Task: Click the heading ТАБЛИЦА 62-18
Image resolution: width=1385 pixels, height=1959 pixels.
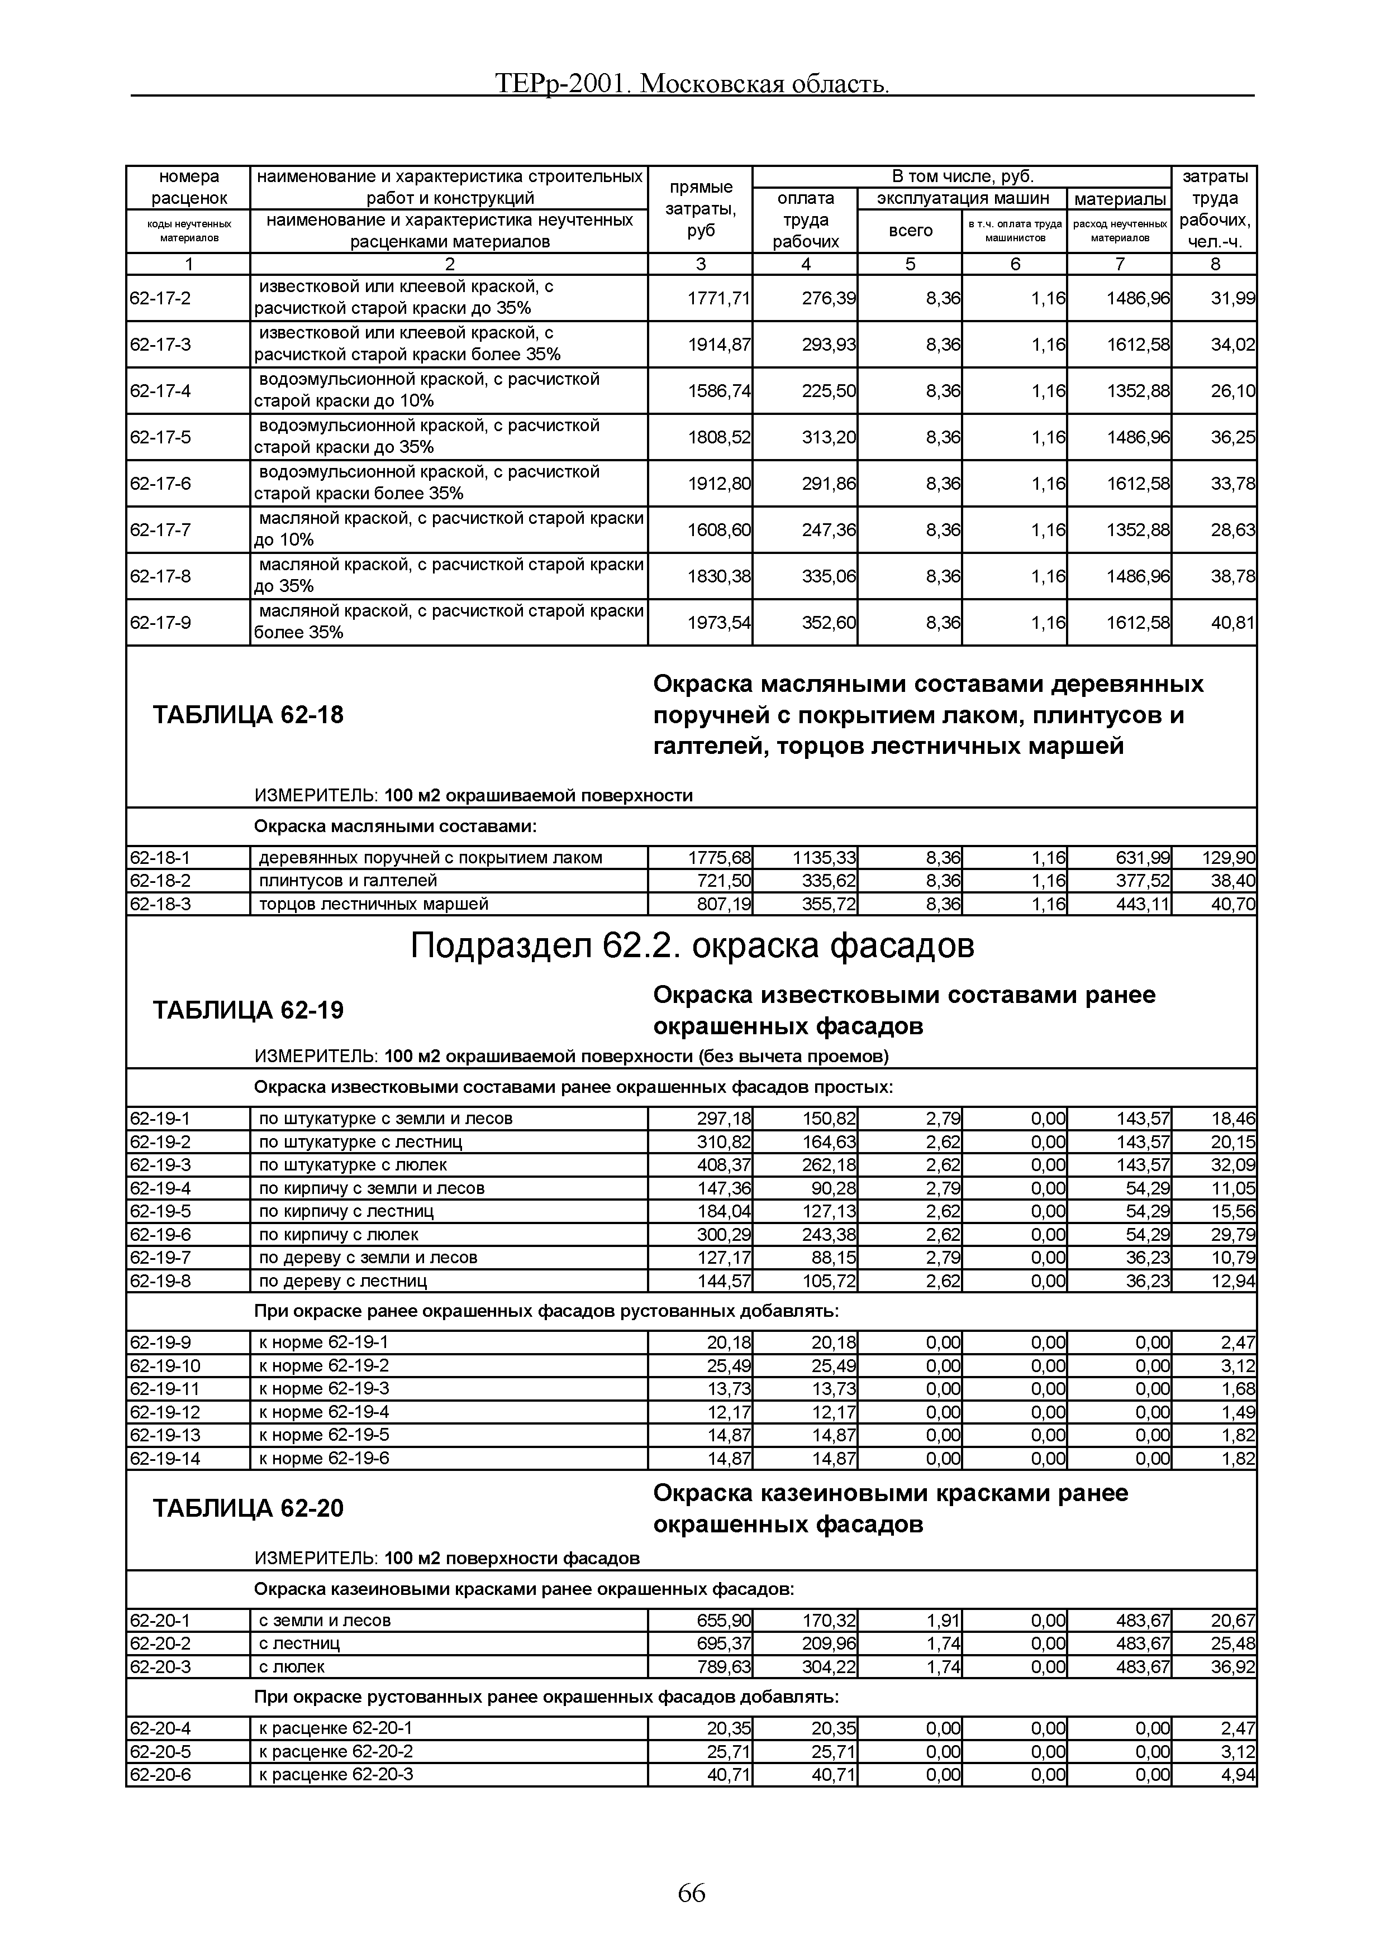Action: pos(248,715)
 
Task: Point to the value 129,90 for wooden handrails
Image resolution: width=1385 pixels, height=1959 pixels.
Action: pos(1229,858)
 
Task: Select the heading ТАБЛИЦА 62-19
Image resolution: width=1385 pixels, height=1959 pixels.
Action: pos(248,1010)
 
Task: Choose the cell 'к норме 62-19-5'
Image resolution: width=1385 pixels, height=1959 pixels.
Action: pos(323,1435)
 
